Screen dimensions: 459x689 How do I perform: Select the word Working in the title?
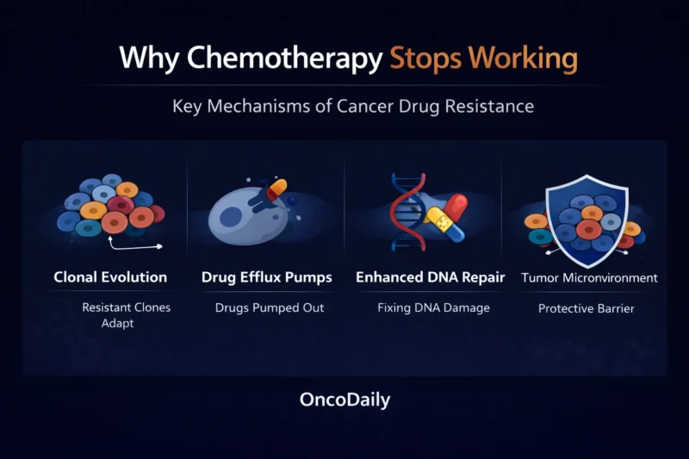coord(525,59)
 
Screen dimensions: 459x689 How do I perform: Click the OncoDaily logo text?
coord(344,400)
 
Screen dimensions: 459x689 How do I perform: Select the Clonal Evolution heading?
coord(110,277)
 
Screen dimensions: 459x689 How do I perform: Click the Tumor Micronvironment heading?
coord(589,277)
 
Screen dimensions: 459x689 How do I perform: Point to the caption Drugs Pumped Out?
coord(270,307)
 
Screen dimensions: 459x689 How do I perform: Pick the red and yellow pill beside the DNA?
coord(444,217)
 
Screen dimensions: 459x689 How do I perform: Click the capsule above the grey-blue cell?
coord(275,189)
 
